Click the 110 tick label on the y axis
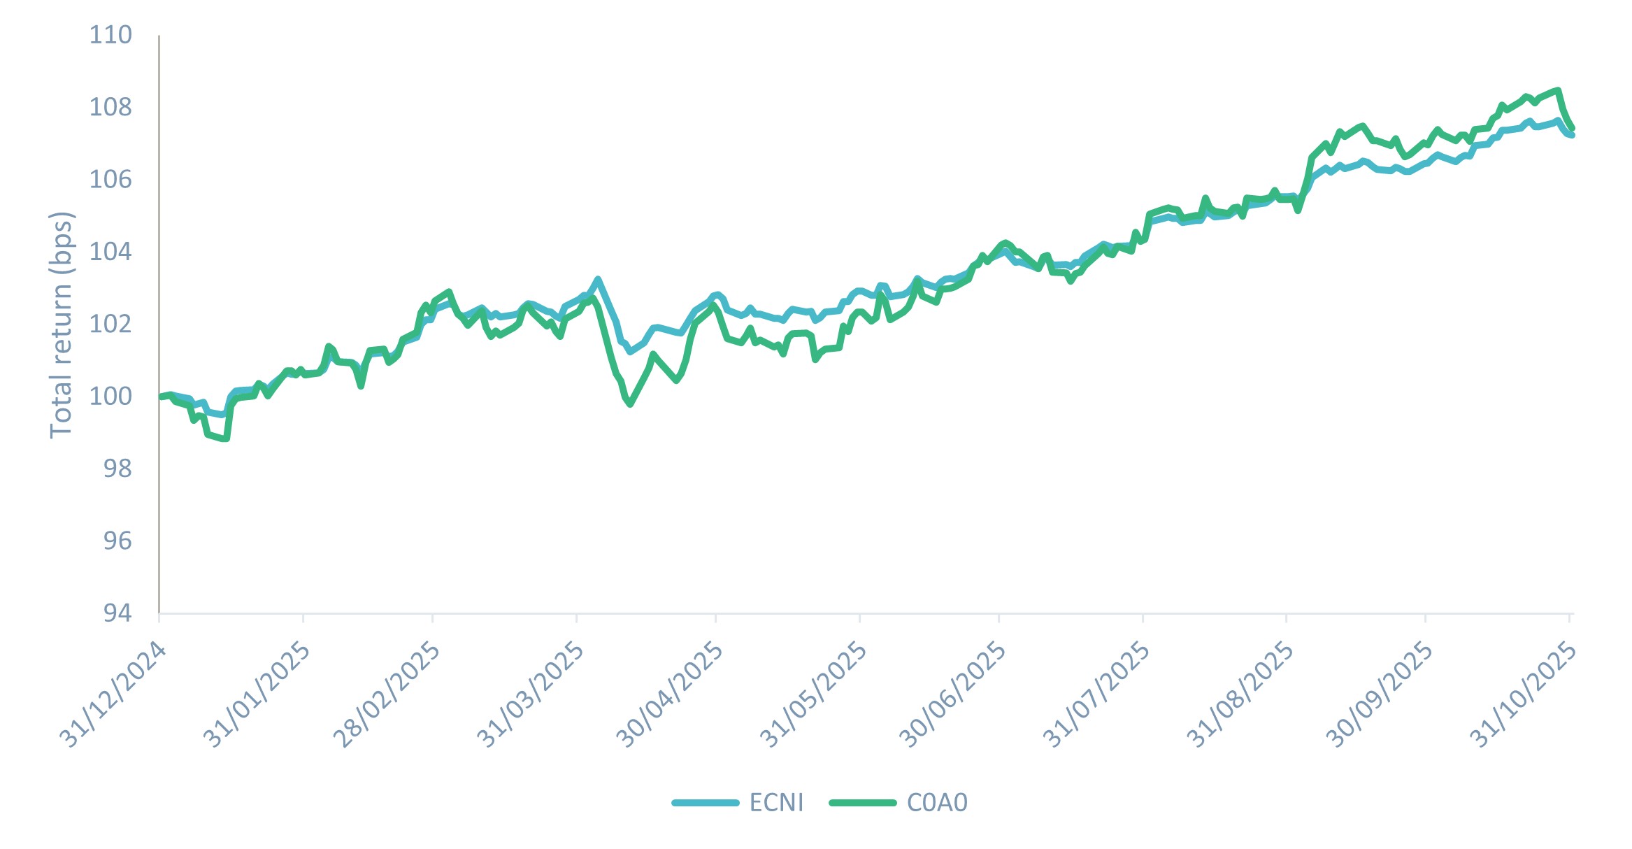(x=110, y=35)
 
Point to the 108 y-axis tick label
(x=110, y=107)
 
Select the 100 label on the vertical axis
(x=110, y=396)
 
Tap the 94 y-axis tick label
(x=117, y=613)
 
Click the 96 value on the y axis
(x=117, y=541)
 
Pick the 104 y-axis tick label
(x=110, y=251)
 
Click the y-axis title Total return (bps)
(x=62, y=324)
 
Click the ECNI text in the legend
(x=776, y=802)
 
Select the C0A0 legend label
(x=937, y=802)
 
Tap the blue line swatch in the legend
(x=705, y=802)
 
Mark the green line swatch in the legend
(x=862, y=802)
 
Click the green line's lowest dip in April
(x=630, y=404)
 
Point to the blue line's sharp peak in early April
(x=597, y=279)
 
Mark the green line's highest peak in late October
(x=1558, y=90)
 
